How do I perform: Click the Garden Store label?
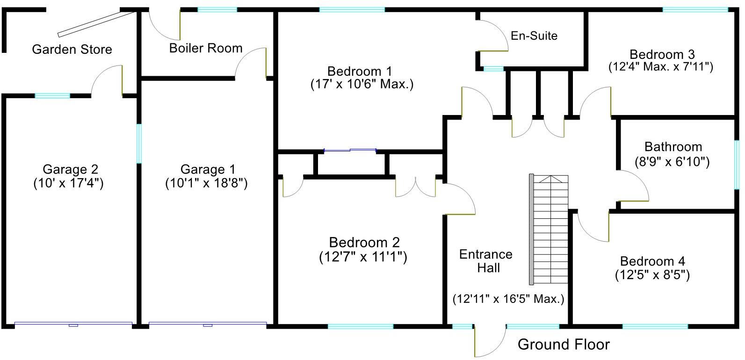click(72, 50)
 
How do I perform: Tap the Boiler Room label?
click(206, 48)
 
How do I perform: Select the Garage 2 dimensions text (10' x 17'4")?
click(68, 183)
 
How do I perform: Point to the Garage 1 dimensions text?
click(206, 183)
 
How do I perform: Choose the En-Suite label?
click(534, 36)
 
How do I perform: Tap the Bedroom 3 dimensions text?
click(661, 67)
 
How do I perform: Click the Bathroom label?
click(673, 147)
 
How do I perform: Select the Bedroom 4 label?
click(652, 261)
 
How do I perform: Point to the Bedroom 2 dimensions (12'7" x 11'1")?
click(363, 257)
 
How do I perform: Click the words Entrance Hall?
click(486, 261)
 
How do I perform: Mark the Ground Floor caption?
click(564, 345)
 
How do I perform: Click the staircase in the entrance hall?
click(549, 229)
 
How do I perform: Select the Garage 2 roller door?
click(73, 324)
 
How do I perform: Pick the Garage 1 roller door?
click(208, 324)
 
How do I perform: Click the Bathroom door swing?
click(634, 187)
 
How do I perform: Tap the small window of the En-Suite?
click(493, 69)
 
